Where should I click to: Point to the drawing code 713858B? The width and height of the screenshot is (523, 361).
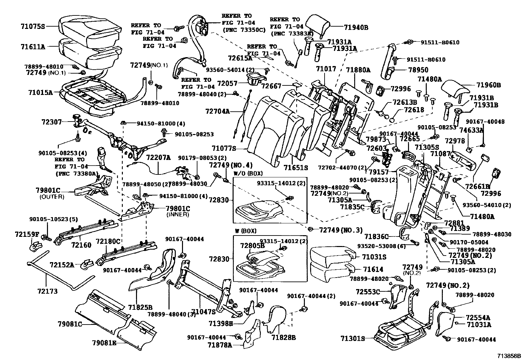tap(509, 356)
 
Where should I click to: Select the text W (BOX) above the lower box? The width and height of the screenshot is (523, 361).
tap(245, 231)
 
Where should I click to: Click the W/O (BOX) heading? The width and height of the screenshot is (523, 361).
tap(248, 173)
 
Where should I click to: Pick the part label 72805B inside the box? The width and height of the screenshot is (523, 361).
tap(252, 246)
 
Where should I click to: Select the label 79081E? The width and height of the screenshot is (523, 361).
tap(104, 344)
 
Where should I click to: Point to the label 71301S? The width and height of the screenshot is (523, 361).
tap(353, 339)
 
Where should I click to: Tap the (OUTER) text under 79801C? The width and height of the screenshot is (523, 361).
tap(52, 197)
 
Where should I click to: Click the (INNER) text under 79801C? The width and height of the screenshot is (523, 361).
tap(177, 214)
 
